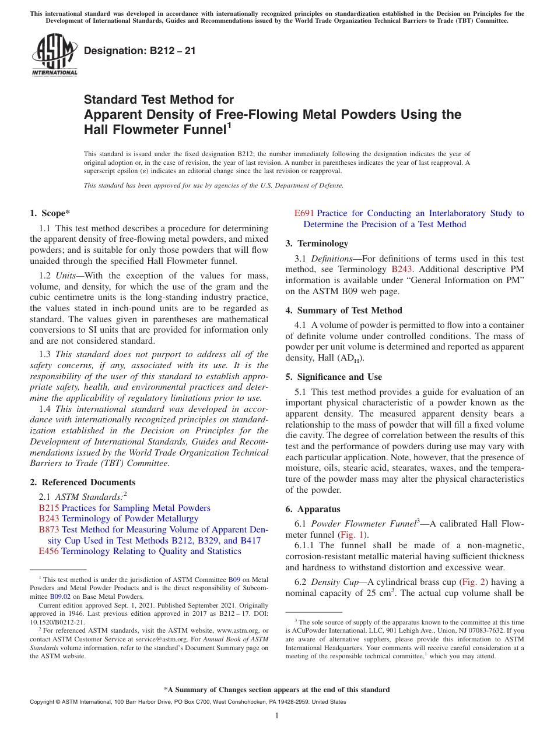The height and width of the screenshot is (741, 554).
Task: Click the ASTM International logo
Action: click(x=54, y=55)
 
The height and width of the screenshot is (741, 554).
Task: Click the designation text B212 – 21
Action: click(x=140, y=51)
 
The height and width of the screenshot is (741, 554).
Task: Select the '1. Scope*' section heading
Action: click(x=50, y=213)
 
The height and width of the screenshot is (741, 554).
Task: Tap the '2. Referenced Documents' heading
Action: click(x=83, y=482)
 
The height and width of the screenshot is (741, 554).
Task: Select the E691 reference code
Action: click(x=304, y=214)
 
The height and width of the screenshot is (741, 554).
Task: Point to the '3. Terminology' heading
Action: click(x=317, y=244)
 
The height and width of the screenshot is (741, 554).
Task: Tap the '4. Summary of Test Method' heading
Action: click(x=343, y=310)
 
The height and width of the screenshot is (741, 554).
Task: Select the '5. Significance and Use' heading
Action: click(x=334, y=377)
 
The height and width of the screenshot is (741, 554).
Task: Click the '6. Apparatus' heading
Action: click(x=313, y=509)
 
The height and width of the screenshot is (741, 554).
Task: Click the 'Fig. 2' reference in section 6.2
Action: click(x=473, y=582)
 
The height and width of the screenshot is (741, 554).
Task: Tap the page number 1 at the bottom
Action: click(x=277, y=716)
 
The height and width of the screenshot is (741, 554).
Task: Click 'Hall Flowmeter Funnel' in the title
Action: click(x=155, y=130)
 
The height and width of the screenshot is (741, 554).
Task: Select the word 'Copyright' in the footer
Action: click(x=44, y=702)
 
